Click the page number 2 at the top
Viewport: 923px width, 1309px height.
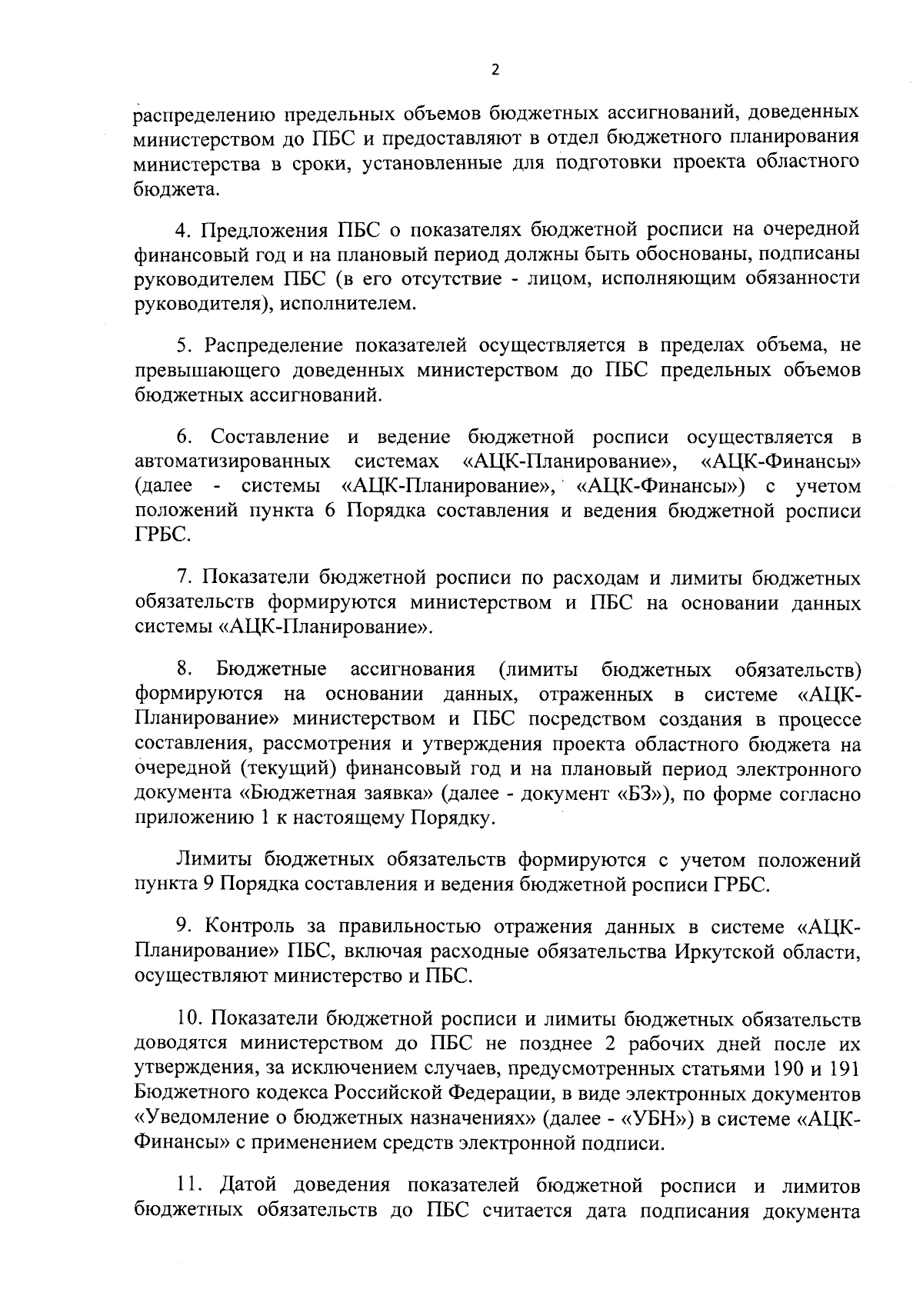pyautogui.click(x=495, y=70)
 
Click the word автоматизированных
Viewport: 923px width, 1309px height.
pyautogui.click(x=233, y=462)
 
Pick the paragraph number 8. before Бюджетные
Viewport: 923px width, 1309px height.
pyautogui.click(x=184, y=668)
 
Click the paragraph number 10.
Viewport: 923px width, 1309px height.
pyautogui.click(x=190, y=1019)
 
